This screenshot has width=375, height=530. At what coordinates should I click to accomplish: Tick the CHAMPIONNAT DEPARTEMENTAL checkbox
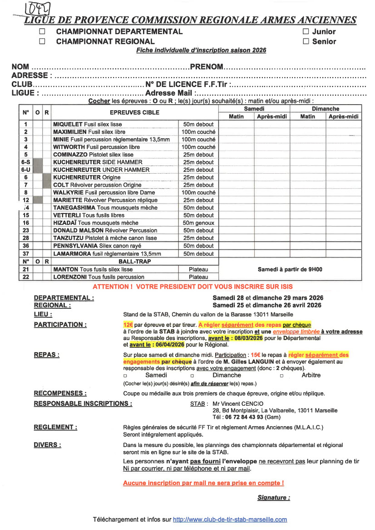[x=42, y=32]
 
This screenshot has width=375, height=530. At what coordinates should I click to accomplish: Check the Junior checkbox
[x=306, y=32]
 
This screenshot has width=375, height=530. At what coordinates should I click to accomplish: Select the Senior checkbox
[x=306, y=42]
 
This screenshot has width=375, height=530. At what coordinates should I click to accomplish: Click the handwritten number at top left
[x=38, y=9]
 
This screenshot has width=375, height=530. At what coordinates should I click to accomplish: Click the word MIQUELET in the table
[x=68, y=124]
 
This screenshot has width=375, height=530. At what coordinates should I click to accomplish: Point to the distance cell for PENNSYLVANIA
[x=198, y=246]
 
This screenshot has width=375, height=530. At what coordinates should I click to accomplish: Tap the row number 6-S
[x=26, y=162]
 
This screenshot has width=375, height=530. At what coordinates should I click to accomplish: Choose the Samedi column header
[x=254, y=109]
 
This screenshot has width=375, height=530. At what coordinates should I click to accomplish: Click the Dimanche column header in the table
[x=325, y=109]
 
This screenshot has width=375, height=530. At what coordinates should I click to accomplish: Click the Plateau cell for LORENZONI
[x=198, y=277]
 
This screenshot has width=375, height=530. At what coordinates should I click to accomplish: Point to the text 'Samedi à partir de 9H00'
[x=290, y=269]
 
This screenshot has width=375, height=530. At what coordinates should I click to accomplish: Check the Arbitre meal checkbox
[x=281, y=376]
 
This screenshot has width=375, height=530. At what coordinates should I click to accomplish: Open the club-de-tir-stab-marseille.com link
[x=230, y=520]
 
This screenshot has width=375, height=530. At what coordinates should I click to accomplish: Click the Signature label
[x=273, y=498]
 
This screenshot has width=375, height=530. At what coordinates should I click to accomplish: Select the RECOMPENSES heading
[x=60, y=393]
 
